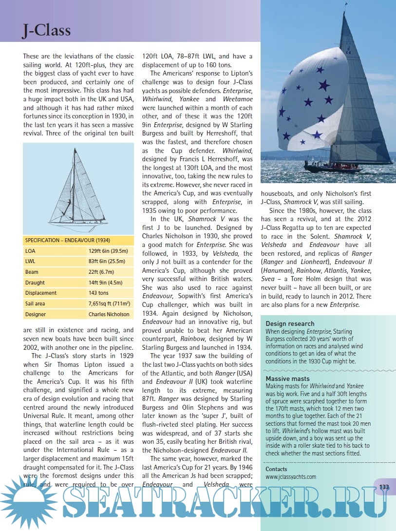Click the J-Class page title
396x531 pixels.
tap(47, 30)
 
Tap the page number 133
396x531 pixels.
tap(384, 487)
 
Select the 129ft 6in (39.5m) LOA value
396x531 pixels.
tap(108, 251)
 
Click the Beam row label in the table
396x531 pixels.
tap(31, 272)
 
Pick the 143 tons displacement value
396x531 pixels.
tap(98, 293)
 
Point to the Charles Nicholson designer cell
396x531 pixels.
tap(109, 314)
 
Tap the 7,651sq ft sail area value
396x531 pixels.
tap(108, 303)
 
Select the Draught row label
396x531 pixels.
tap(35, 283)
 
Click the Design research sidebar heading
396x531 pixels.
tap(290, 323)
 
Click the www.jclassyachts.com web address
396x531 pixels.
tap(291, 477)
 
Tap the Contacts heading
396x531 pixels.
tap(276, 469)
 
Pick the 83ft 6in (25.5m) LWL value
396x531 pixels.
tap(108, 262)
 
